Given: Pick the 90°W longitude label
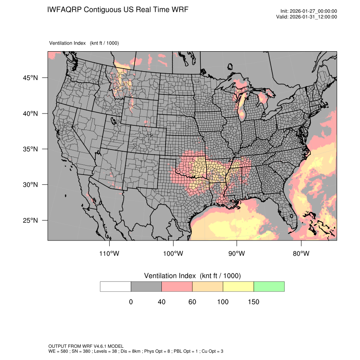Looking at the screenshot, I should click(x=237, y=254).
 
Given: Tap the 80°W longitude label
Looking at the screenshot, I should click(x=301, y=254).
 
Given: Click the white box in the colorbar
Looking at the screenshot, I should click(x=116, y=286).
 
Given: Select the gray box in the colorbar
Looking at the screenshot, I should click(x=146, y=286).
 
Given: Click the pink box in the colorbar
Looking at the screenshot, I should click(x=177, y=286).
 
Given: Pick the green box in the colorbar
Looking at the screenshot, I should click(x=269, y=286).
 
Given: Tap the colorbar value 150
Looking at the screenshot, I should click(x=253, y=302).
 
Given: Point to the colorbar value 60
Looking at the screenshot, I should click(x=192, y=302).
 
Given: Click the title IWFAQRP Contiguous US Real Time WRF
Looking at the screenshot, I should click(x=118, y=10).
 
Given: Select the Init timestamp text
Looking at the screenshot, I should click(x=309, y=11).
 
